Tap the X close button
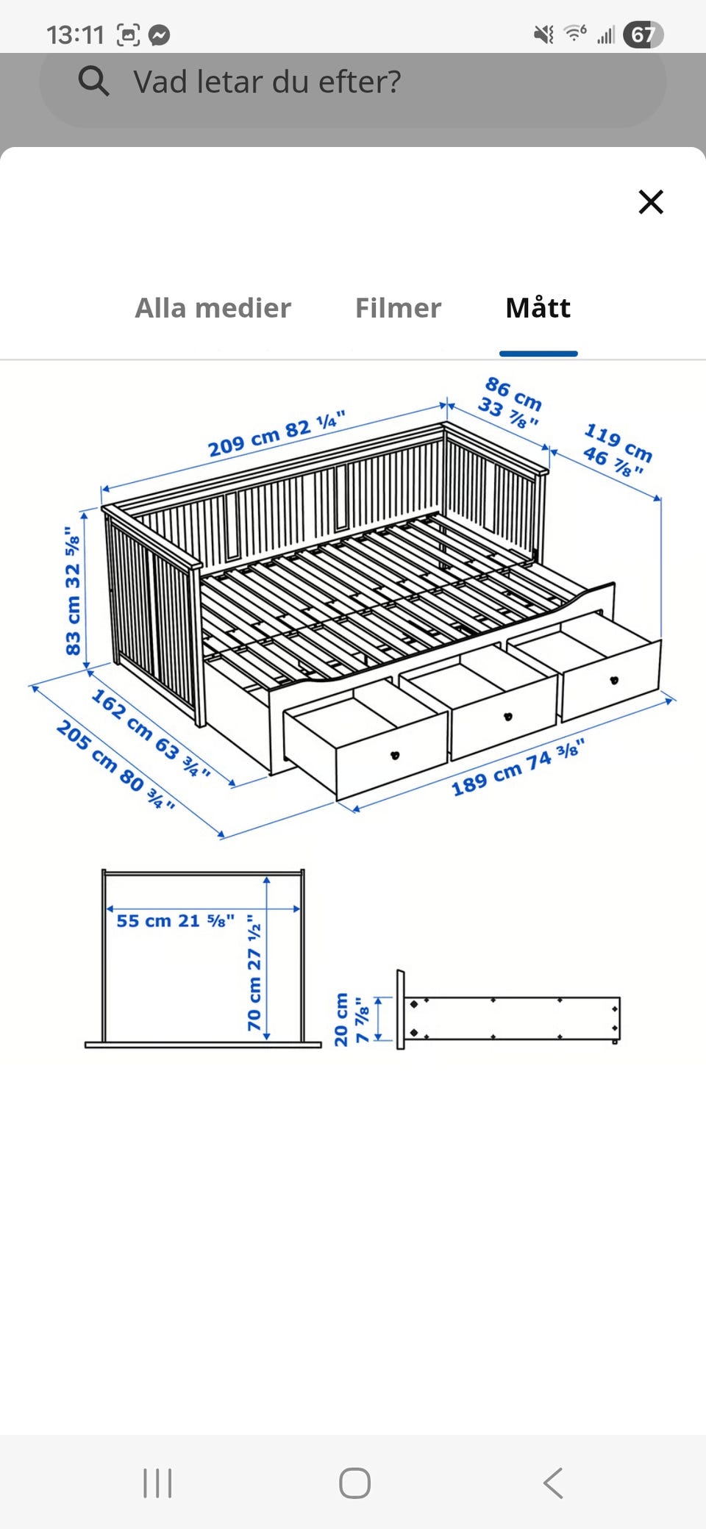coord(651,201)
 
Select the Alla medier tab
coord(213,308)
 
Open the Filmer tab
coord(398,308)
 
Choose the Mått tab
coord(538,307)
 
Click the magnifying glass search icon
coord(93,81)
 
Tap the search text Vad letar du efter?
coord(267,82)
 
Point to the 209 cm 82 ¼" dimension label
coord(277,434)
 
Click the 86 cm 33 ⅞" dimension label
coord(510,402)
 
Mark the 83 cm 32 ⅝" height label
coord(72,591)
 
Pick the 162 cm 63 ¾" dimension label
coord(151,733)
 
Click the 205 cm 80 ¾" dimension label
coord(116,765)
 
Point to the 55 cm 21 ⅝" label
coord(176,920)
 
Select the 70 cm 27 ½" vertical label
coord(254,972)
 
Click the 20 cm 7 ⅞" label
coord(351,1020)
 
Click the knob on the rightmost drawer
coord(614,680)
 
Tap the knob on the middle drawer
coord(507,717)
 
